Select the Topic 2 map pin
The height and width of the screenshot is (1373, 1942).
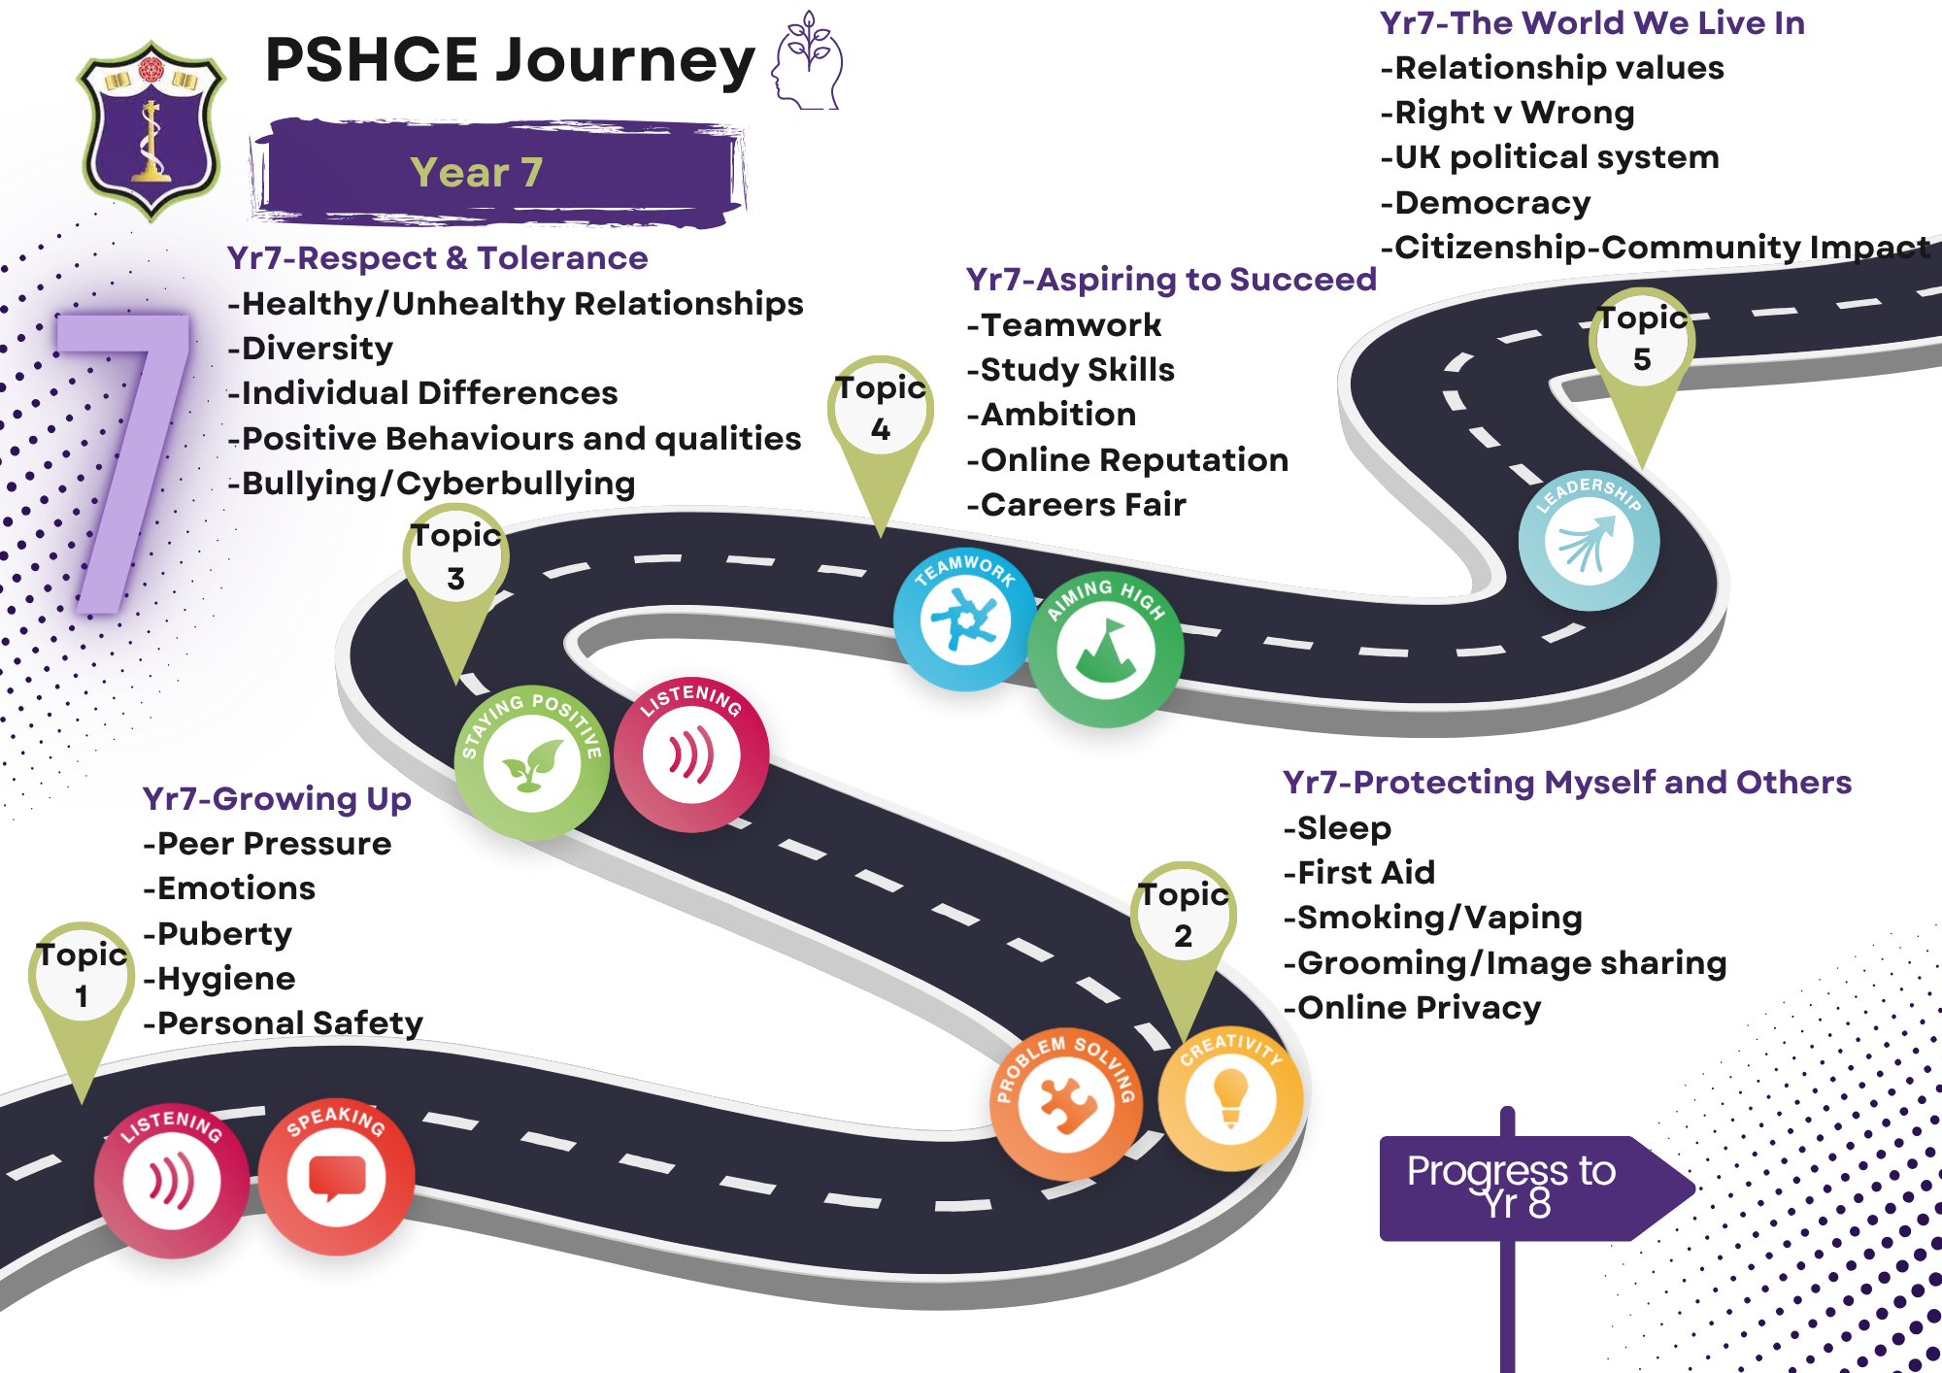pos(1183,922)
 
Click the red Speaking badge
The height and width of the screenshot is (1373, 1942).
pos(336,1177)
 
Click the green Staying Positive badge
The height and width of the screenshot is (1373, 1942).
pos(531,763)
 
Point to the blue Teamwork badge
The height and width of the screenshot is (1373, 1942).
pos(964,620)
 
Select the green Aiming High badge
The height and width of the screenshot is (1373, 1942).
pos(1105,649)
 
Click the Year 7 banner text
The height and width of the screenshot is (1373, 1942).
pos(476,173)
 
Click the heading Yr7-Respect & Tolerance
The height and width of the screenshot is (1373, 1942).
pos(437,258)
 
